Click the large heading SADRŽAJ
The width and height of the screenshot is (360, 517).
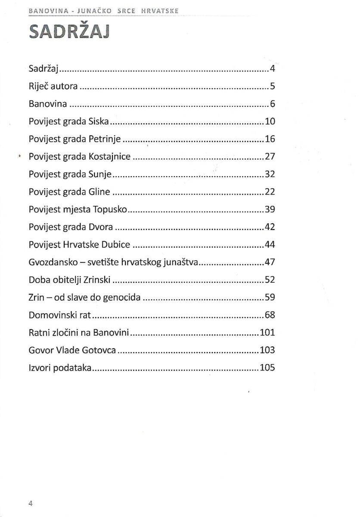click(x=70, y=32)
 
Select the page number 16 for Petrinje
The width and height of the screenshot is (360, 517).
click(x=270, y=140)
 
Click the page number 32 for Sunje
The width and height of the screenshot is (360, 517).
click(x=270, y=175)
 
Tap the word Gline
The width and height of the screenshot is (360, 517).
click(x=99, y=193)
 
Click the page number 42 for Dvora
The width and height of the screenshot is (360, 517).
click(x=270, y=228)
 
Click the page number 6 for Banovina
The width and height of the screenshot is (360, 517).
click(x=272, y=104)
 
